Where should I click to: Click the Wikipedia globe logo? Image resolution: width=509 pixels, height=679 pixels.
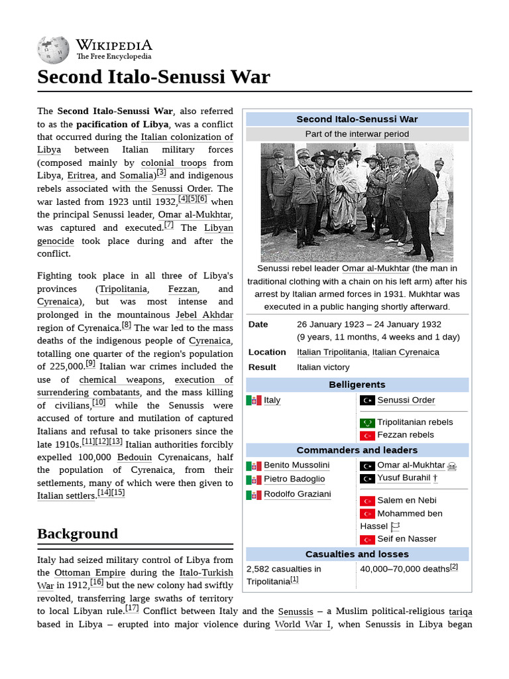pos(54,50)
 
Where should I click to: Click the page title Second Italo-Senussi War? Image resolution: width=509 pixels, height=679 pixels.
pos(153,77)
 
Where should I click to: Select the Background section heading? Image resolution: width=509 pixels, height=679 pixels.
pos(78,534)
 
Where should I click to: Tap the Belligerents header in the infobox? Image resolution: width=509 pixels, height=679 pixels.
pos(357,385)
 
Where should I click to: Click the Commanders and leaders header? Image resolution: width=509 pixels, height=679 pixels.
pos(357,450)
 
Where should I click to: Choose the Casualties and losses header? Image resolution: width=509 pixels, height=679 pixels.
pos(357,554)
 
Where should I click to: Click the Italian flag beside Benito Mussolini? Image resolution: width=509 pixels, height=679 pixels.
pos(254,465)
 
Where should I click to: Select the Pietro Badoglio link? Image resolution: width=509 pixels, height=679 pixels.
pos(294,479)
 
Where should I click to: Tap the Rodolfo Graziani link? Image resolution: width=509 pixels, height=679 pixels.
pos(297,494)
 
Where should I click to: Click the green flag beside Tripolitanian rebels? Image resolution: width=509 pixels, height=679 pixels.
pos(367,422)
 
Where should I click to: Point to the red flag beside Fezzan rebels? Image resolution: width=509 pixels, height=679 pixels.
pos(367,436)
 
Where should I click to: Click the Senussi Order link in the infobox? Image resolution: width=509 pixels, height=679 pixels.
pos(406,400)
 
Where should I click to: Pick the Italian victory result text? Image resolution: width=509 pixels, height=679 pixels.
pos(323,367)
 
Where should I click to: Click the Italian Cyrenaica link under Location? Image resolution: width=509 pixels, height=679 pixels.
pos(406,352)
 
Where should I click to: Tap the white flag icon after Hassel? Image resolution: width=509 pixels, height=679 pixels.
pos(396,526)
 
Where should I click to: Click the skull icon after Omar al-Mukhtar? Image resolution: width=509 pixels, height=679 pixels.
pos(452,466)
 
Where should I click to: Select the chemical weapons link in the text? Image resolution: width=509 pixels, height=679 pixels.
pos(121,380)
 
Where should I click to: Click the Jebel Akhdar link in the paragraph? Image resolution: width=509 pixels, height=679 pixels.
pos(205,315)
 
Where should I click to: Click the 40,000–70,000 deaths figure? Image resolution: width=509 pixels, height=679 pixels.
pos(404,569)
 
